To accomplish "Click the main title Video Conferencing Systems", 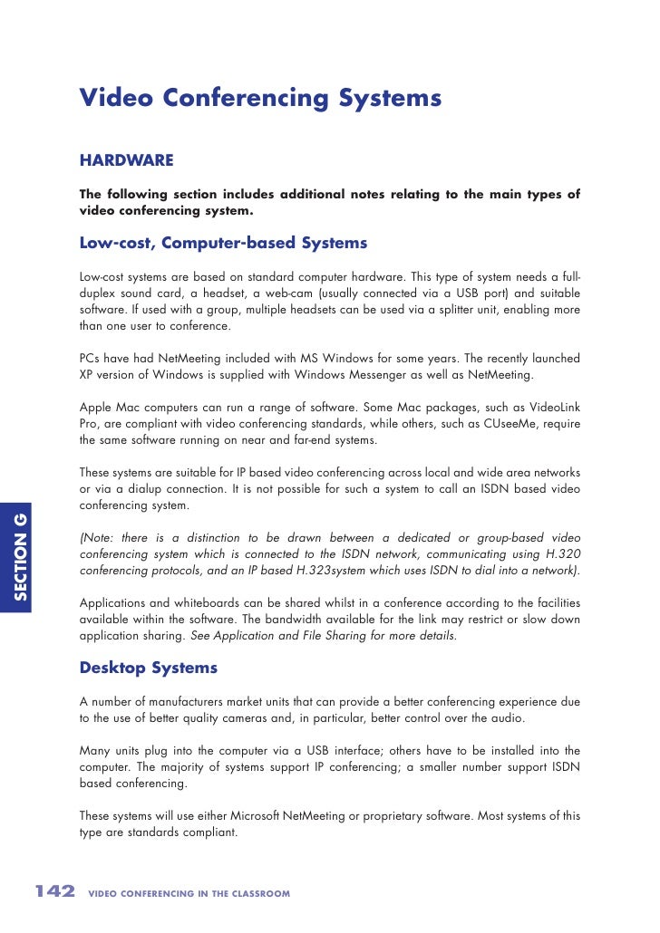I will click(x=260, y=98).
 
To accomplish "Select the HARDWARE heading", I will click(x=126, y=160).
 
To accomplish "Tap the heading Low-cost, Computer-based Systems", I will click(x=223, y=243).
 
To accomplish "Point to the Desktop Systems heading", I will click(x=149, y=668).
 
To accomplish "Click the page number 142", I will click(x=54, y=892).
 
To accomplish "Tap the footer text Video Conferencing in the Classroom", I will click(x=189, y=894).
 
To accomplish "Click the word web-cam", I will click(x=329, y=293).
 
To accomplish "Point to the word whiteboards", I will click(x=204, y=602).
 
